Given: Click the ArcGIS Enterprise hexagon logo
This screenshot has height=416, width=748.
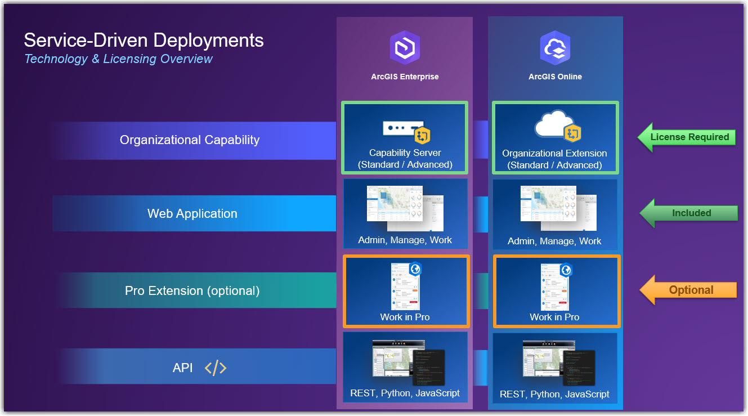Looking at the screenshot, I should coord(405,48).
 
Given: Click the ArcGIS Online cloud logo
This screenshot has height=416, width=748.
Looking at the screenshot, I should coord(555,48).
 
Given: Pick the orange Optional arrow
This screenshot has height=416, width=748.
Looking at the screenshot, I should coord(688,290).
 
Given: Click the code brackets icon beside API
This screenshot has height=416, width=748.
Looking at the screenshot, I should coord(216,368).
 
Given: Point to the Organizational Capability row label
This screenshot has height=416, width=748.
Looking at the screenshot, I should coord(190,140).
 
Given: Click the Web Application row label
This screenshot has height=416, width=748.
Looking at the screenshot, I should coord(192,213).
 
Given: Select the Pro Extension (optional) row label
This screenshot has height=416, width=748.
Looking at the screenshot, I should coord(192,290).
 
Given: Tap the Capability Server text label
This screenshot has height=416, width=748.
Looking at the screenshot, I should coord(405,153).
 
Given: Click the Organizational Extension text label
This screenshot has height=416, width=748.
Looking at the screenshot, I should coord(554,153).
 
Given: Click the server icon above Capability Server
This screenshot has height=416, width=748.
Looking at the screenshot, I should coord(402,129).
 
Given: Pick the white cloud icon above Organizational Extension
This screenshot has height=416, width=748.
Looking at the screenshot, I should coord(551,124).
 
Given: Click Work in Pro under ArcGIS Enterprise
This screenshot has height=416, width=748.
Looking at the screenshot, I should coord(405,317).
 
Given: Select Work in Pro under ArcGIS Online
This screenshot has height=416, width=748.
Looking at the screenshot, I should coord(554,317).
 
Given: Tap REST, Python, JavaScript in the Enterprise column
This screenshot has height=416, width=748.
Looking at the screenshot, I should coord(405,393).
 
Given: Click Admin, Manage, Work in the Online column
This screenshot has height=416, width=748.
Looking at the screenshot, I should coord(554,241).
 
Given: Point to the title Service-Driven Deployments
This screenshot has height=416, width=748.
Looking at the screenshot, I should coord(144,40).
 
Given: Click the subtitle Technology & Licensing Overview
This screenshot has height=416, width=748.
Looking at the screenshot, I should coord(118,59).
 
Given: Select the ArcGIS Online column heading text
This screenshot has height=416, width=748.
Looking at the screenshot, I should coord(555,77).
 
